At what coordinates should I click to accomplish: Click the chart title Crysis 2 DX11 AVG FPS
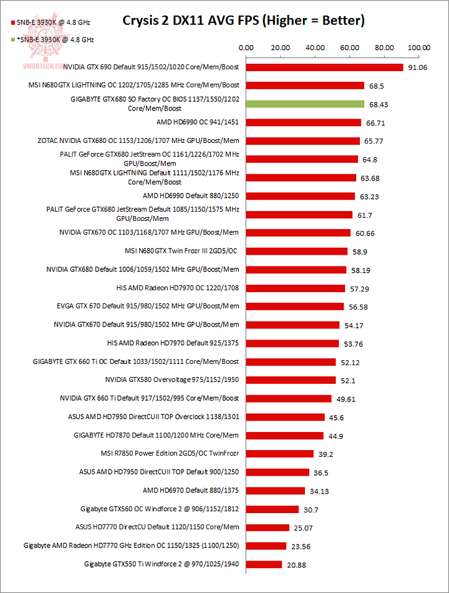click(x=243, y=21)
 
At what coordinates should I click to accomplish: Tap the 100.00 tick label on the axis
click(x=418, y=47)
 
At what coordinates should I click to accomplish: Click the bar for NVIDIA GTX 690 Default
click(x=325, y=67)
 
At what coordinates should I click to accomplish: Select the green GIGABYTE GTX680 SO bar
click(x=305, y=104)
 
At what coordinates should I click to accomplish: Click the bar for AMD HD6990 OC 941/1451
click(x=304, y=122)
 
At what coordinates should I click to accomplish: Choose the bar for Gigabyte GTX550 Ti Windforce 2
click(x=264, y=564)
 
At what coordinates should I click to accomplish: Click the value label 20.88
click(x=297, y=565)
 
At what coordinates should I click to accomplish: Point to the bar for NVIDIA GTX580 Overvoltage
click(x=291, y=380)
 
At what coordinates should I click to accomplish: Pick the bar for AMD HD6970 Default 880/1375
click(x=276, y=491)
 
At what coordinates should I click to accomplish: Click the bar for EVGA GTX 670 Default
click(x=295, y=306)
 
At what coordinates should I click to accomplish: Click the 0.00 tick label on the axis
click(x=246, y=47)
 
